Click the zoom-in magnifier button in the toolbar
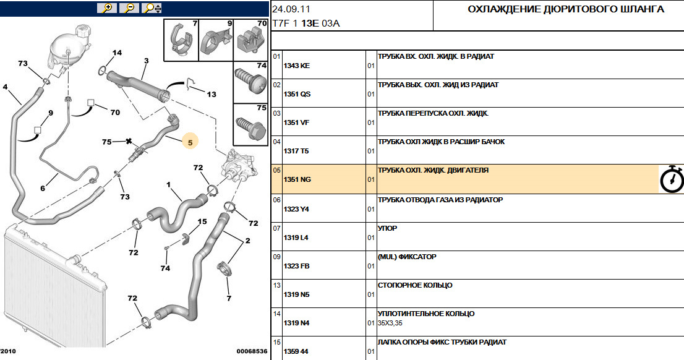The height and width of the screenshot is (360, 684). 107,8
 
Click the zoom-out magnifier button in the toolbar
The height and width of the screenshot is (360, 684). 129,8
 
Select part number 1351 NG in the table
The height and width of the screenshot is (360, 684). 297,179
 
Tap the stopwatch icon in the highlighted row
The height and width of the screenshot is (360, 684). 672,179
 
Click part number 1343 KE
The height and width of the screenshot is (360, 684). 297,66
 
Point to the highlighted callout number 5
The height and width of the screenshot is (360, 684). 190,142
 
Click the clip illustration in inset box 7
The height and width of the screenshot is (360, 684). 181,41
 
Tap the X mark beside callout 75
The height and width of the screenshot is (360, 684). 129,142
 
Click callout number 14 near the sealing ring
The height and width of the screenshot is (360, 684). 117,53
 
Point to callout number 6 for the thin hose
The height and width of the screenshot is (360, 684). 43,189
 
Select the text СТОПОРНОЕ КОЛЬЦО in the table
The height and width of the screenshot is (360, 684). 415,285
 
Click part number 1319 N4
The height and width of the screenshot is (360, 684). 296,323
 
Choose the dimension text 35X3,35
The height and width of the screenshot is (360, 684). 390,324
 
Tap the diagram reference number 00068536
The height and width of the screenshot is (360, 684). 252,351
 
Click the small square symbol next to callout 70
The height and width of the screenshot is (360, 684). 91,103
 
